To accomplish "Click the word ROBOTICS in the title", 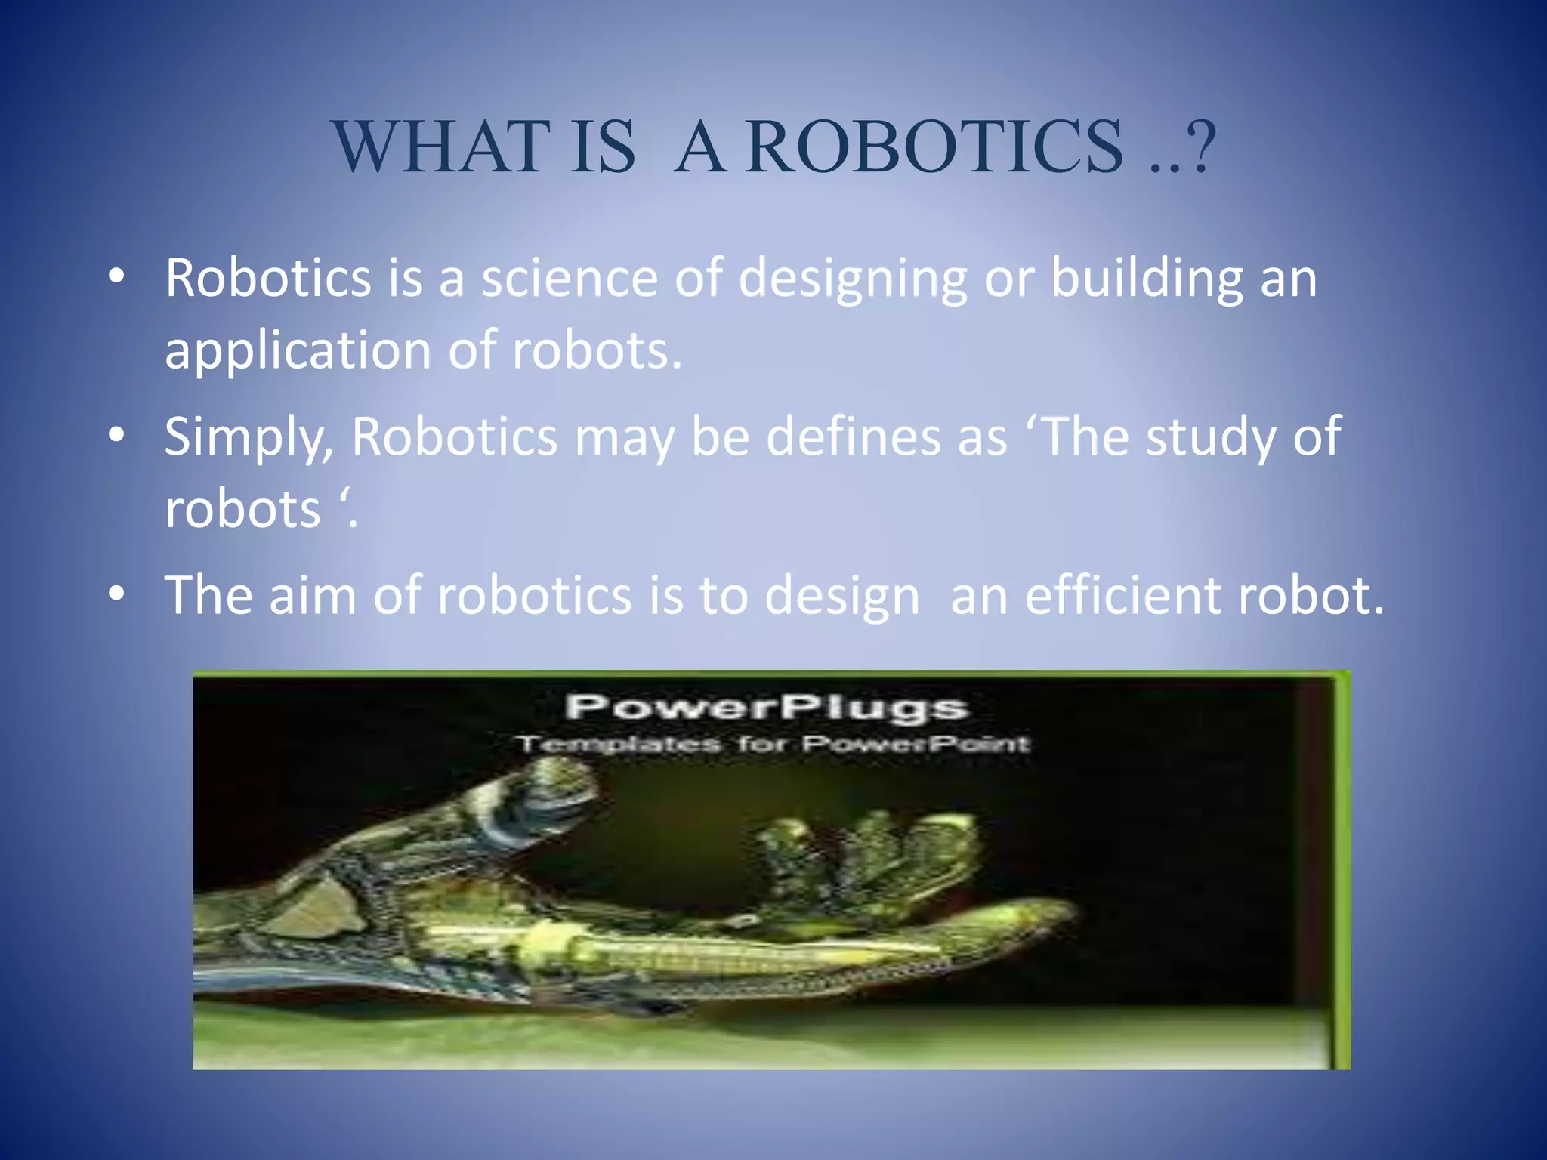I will pyautogui.click(x=935, y=147).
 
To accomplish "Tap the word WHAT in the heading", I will pyautogui.click(x=441, y=147).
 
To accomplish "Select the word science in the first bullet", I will pyautogui.click(x=570, y=278).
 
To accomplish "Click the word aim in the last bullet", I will pyautogui.click(x=313, y=595).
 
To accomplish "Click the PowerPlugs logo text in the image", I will pyautogui.click(x=766, y=708).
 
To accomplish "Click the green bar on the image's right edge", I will pyautogui.click(x=1342, y=868).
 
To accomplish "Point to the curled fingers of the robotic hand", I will pyautogui.click(x=869, y=853).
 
